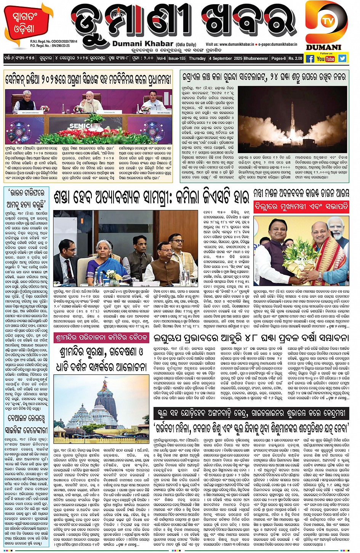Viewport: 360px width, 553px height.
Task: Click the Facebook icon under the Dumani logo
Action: coord(310,59)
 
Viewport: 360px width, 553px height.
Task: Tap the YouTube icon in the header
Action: coord(325,59)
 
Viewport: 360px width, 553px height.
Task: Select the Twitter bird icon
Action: coord(342,58)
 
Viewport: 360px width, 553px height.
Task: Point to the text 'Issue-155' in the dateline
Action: coord(177,59)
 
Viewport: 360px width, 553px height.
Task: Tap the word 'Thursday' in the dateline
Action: coord(197,59)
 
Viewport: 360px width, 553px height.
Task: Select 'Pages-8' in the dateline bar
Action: coord(278,59)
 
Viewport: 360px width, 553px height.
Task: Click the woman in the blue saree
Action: coord(103,253)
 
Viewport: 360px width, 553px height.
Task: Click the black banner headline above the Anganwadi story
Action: coord(251,413)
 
